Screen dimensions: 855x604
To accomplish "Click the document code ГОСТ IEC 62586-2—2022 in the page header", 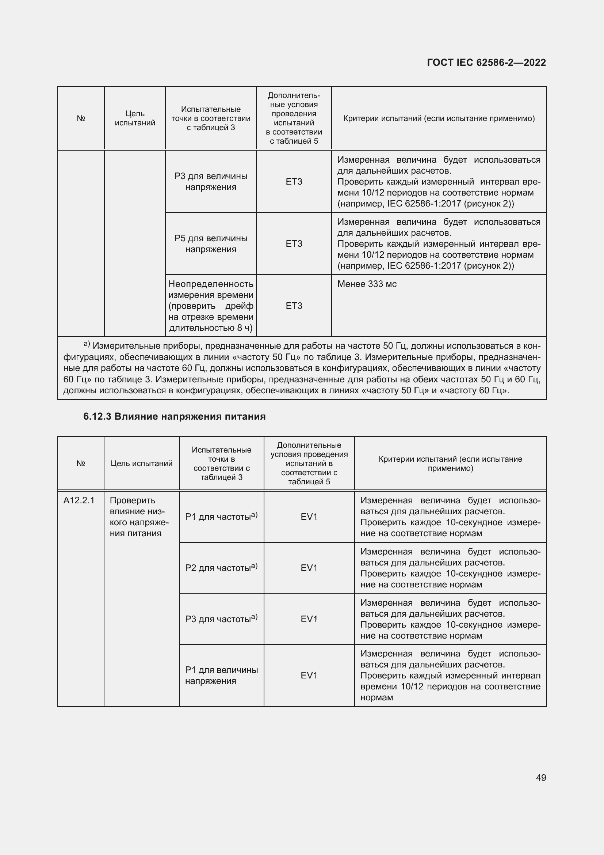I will [x=486, y=63].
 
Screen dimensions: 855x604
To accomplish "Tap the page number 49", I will [x=541, y=778].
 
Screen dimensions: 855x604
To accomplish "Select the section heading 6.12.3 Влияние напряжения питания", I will [x=174, y=416].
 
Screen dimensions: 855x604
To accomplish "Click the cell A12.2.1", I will [x=79, y=500].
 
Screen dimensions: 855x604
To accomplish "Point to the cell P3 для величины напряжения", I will [x=211, y=182].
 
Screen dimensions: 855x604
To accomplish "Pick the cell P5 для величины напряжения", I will [x=211, y=244].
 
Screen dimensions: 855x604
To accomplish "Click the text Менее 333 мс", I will [x=367, y=284].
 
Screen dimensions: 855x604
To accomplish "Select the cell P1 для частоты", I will [x=221, y=517].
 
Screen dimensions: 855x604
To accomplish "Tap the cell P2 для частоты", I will [x=221, y=568].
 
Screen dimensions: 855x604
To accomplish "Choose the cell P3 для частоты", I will [x=221, y=619].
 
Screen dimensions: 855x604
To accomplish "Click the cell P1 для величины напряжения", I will [x=221, y=676].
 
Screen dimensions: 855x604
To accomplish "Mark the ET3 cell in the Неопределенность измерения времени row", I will [x=294, y=306].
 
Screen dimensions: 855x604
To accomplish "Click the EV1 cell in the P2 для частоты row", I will [x=309, y=568].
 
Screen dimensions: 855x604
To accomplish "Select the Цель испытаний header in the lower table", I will [x=141, y=464].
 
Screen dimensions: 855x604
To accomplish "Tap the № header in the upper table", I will [x=81, y=118].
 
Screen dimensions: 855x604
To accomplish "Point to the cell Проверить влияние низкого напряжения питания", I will [x=139, y=517].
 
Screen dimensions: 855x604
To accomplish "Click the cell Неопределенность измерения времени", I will [x=211, y=306].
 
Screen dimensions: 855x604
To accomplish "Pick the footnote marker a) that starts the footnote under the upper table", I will [x=87, y=344].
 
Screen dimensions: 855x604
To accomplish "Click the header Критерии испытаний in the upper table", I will [x=439, y=118].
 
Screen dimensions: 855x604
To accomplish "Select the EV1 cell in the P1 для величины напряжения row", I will [x=309, y=676].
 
